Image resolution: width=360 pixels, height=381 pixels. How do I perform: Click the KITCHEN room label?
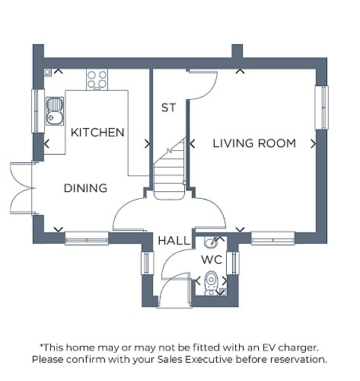tap(97, 133)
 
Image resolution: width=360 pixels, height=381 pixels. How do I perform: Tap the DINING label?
tap(85, 188)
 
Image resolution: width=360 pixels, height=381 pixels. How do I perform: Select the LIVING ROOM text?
tap(254, 143)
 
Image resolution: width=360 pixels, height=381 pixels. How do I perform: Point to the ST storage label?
tap(168, 107)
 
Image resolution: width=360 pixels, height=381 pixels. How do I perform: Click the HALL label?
tap(174, 241)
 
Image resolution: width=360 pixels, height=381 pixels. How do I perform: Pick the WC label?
tap(212, 260)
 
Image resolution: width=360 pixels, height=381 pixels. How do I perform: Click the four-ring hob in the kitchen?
tap(97, 79)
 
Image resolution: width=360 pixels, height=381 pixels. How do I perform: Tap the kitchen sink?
tap(55, 111)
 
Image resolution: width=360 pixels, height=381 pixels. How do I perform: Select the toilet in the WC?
tap(211, 283)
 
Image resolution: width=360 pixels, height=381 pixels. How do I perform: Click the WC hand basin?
tap(211, 242)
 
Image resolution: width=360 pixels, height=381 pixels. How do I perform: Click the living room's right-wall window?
tap(321, 107)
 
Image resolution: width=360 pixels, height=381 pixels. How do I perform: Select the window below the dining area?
tap(87, 239)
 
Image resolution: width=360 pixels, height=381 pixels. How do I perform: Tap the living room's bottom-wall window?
tap(273, 239)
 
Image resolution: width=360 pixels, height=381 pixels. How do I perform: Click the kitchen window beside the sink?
tap(38, 110)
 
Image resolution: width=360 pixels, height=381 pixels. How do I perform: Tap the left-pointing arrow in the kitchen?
tap(46, 144)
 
